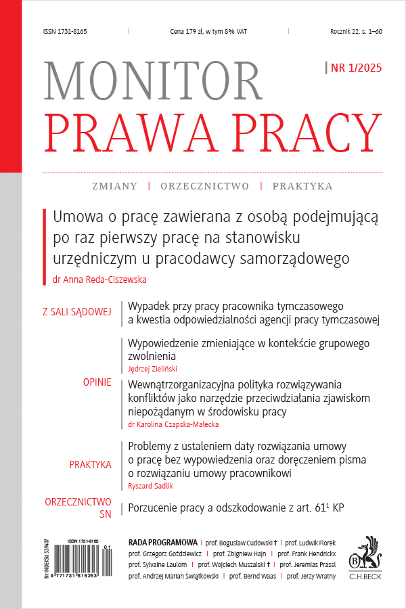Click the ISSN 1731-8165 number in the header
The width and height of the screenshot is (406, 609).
(x=64, y=32)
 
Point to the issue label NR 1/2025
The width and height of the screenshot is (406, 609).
(x=355, y=67)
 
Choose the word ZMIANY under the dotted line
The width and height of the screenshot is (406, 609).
(x=114, y=186)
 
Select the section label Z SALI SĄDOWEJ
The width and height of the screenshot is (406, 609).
(x=76, y=312)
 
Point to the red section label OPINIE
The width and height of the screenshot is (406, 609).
(x=97, y=383)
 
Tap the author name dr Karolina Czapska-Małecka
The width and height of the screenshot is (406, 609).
(x=174, y=424)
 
